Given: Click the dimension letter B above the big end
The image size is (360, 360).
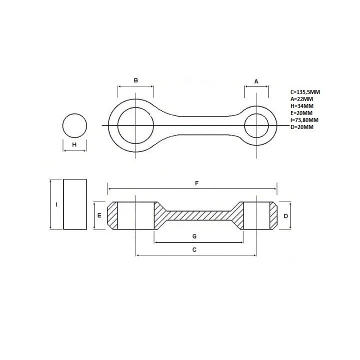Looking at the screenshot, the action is pos(135,80).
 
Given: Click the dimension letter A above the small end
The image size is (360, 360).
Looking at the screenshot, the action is pos(256,81).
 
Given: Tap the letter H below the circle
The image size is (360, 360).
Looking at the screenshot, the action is pos(74,144).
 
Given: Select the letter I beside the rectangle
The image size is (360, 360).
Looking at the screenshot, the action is pos(56,204).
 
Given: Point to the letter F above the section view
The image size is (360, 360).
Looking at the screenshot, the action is pos(197,183).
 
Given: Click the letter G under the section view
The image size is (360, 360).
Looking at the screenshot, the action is pos(194,236).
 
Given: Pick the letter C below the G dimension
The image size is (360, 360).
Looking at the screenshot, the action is pos(194,249).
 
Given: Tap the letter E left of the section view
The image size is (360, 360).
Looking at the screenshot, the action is pos(99,215).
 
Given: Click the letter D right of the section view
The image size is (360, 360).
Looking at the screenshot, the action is pos(286,216).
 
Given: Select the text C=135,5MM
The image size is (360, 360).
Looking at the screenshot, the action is pos(305,92).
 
